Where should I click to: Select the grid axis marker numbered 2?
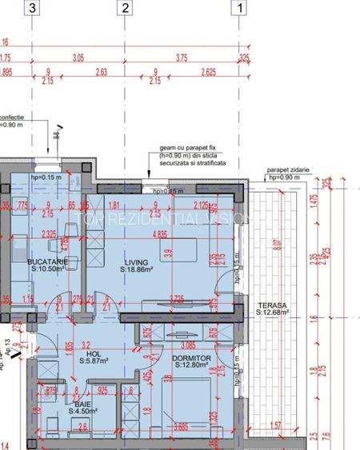pyautogui.click(x=125, y=9)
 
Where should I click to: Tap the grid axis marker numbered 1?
pyautogui.click(x=239, y=9)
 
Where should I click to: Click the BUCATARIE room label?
pyautogui.click(x=47, y=261)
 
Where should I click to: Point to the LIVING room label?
pyautogui.click(x=133, y=261)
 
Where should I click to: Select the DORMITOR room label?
pyautogui.click(x=190, y=358)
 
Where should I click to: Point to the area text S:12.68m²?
pyautogui.click(x=273, y=313)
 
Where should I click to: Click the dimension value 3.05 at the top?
pyautogui.click(x=78, y=58)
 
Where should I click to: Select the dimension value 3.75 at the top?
pyautogui.click(x=182, y=58)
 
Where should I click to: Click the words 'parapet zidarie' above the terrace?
pyautogui.click(x=288, y=169)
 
